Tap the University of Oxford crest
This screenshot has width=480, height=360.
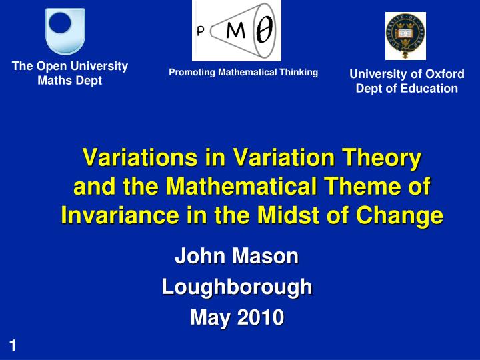405,36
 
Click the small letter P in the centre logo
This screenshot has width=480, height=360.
201,31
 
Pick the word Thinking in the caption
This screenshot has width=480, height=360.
301,72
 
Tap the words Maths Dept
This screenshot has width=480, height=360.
69,81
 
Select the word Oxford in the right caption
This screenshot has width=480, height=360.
445,74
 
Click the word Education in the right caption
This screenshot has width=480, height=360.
433,88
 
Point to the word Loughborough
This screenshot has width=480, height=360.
237,286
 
